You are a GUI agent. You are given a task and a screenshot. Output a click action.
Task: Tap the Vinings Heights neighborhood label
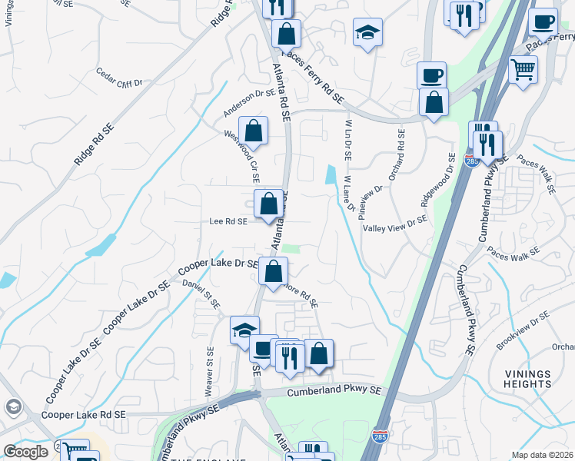[528, 378]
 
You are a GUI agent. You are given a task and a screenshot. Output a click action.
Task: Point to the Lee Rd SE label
[228, 221]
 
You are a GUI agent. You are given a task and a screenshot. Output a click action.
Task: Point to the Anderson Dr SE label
[249, 103]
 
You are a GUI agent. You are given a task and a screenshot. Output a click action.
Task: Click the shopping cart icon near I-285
[523, 71]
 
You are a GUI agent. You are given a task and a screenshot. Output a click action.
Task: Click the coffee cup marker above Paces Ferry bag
[431, 75]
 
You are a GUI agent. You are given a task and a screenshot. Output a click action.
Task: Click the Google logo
[25, 452]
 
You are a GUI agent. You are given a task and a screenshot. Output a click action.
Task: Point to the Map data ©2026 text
[542, 455]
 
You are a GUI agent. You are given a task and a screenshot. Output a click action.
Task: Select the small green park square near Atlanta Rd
[291, 247]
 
